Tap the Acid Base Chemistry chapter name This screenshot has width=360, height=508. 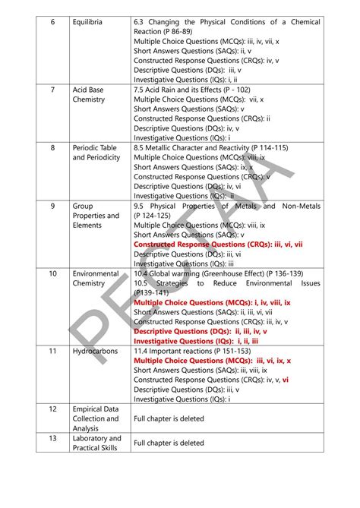point(89,94)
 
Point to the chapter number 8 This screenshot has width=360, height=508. point(52,147)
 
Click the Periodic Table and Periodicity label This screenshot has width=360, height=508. point(96,152)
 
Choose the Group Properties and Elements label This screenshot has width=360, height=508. point(96,215)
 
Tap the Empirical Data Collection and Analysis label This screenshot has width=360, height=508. point(96,418)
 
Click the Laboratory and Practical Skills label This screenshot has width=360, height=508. point(96,443)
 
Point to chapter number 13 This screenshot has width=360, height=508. point(52,438)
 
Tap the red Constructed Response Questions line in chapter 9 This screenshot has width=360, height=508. point(218,245)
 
